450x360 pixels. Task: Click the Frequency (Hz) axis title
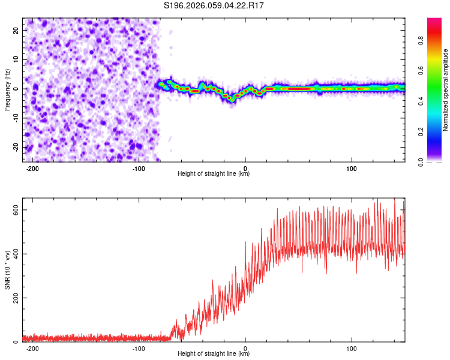(7, 89)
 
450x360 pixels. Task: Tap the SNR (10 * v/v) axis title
(7, 270)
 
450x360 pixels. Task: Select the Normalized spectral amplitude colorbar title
(446, 90)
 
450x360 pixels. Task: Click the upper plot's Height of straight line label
(214, 173)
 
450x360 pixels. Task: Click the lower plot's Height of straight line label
(214, 353)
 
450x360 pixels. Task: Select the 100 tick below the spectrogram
(352, 168)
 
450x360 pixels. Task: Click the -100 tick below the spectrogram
(139, 168)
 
